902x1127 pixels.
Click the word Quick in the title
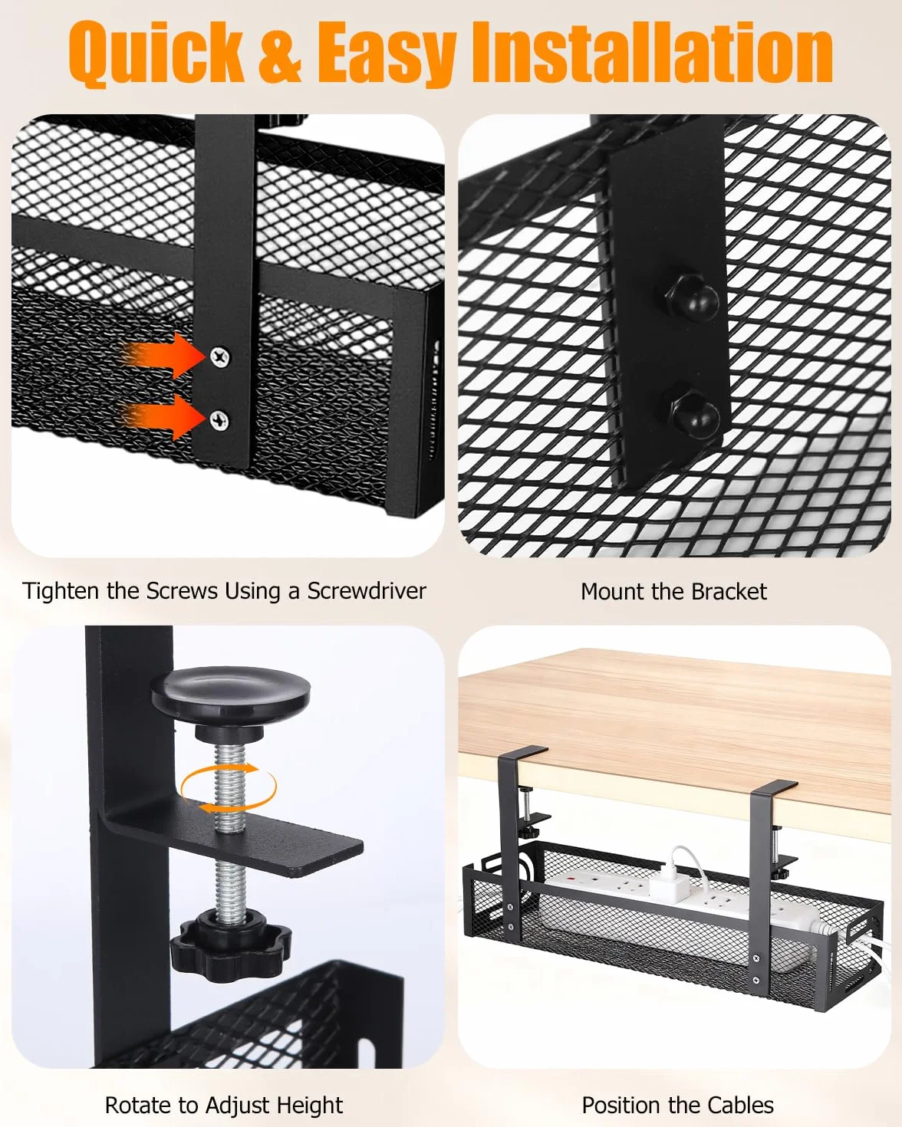tap(156, 52)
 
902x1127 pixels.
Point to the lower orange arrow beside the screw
tap(163, 417)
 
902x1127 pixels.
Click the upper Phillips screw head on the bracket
tap(220, 357)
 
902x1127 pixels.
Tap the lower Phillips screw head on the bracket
tap(219, 419)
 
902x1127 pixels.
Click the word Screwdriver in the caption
tap(367, 591)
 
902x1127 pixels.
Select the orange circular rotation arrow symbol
tap(229, 788)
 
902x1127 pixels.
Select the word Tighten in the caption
tap(61, 591)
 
